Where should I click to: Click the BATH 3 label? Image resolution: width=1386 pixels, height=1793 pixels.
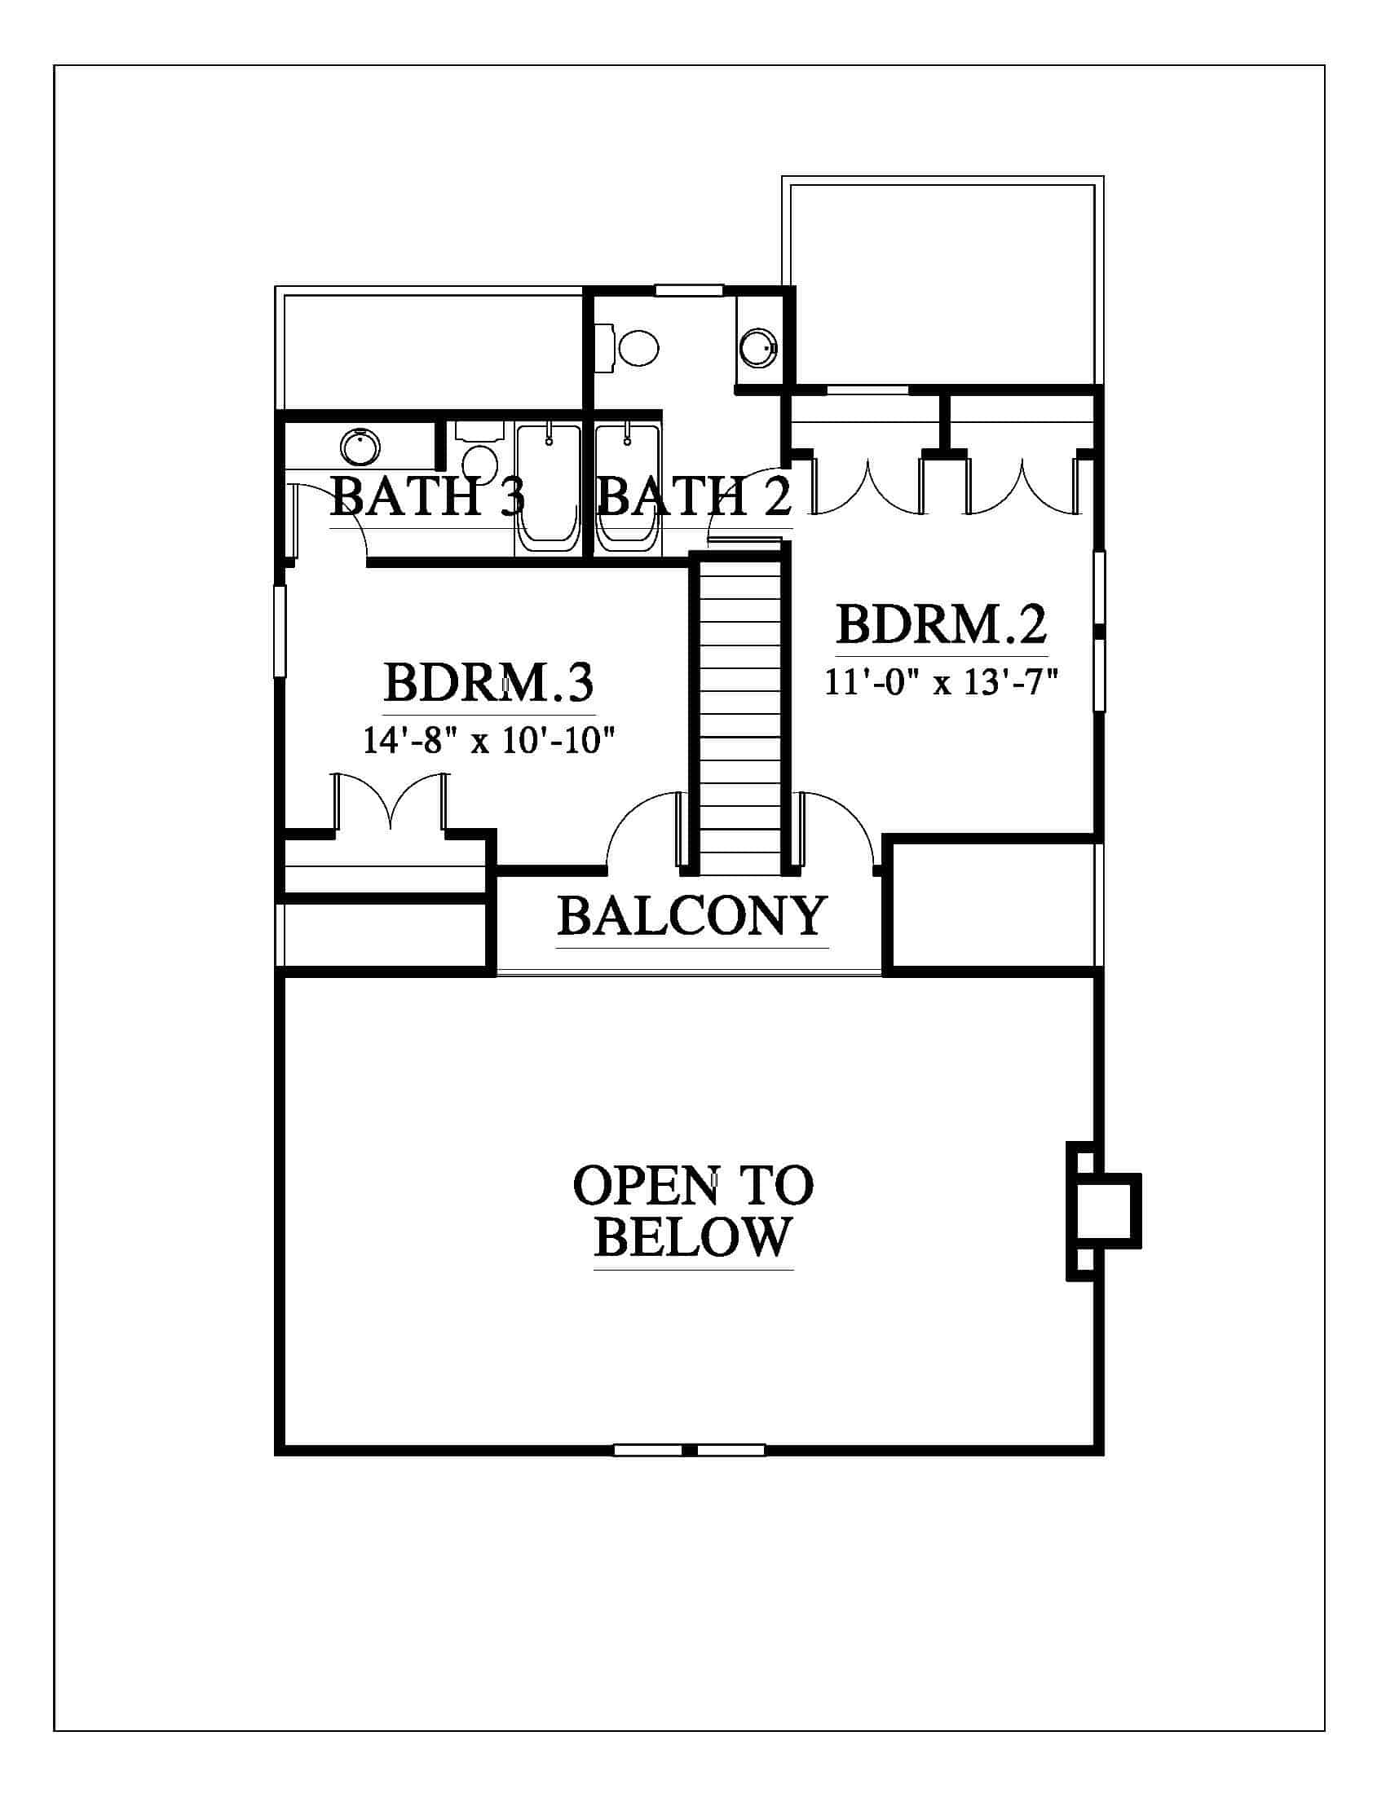[427, 496]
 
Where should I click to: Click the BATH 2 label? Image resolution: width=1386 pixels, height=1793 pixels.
[695, 496]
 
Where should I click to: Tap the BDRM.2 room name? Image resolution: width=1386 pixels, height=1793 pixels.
[942, 625]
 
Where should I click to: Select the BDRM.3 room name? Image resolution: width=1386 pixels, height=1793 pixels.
[488, 683]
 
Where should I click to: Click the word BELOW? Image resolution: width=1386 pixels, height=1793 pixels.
[692, 1237]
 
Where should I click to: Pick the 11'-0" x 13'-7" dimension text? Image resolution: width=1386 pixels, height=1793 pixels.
[941, 681]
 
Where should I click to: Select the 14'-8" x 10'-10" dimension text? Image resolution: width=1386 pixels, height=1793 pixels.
[488, 742]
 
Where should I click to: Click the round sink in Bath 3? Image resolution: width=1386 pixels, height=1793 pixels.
[360, 447]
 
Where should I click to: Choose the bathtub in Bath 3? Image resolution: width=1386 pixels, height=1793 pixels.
[549, 488]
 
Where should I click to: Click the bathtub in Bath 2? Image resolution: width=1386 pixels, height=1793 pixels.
[626, 488]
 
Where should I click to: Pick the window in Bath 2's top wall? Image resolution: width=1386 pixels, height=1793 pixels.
[688, 290]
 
